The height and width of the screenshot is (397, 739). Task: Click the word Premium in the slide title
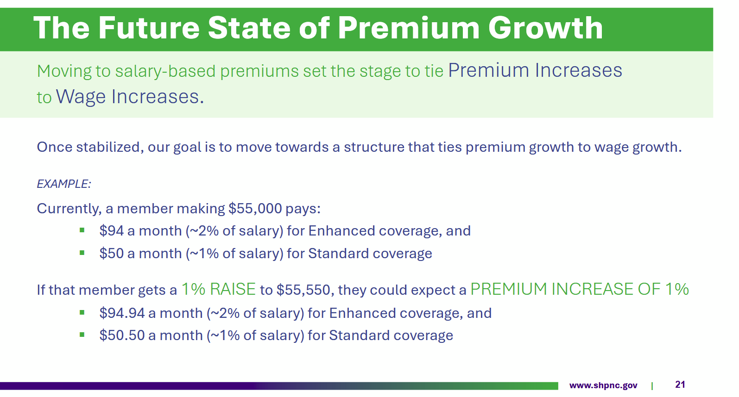pos(409,28)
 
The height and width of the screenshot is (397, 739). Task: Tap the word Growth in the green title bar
pos(545,28)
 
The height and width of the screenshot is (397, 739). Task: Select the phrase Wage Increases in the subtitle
pos(130,97)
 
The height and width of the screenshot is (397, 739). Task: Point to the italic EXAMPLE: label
pos(63,184)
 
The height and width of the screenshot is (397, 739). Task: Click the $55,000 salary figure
pos(255,209)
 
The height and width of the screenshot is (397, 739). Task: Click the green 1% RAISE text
pos(218,289)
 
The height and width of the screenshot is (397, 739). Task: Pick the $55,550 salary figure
pos(303,290)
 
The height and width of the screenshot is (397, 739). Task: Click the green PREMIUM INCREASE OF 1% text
pos(579,289)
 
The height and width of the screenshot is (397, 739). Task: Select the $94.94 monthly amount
pos(122,313)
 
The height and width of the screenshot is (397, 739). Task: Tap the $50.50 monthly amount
pos(122,335)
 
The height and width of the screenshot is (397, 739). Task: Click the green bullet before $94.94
pos(82,312)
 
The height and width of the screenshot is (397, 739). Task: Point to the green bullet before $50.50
pos(82,335)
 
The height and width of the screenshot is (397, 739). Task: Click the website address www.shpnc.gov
pos(603,385)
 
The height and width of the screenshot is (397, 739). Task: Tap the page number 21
pos(680,385)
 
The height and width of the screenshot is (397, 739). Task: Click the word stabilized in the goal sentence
pos(110,147)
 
